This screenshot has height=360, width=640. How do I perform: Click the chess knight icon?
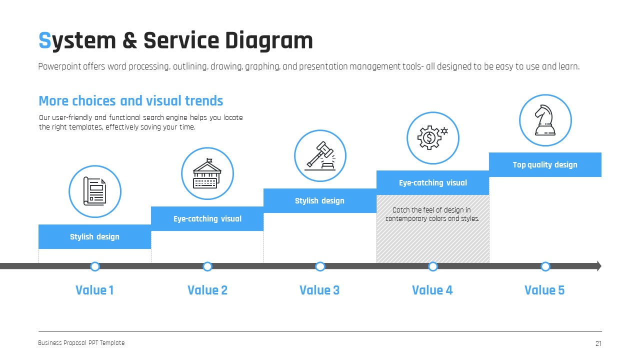(x=545, y=120)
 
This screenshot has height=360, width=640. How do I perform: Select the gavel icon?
(x=320, y=155)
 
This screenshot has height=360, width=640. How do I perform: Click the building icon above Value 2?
(x=207, y=173)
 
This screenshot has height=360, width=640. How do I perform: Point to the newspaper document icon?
(x=94, y=191)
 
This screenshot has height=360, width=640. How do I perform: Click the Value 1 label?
(x=94, y=290)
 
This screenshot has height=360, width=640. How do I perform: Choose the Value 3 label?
(x=319, y=290)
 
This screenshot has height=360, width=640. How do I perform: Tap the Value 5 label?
(x=544, y=290)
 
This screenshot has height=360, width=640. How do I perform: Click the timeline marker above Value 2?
(x=207, y=266)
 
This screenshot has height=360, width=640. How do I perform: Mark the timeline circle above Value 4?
(x=433, y=266)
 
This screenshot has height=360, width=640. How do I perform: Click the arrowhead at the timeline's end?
(x=598, y=266)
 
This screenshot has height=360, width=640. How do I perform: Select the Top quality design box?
(x=545, y=165)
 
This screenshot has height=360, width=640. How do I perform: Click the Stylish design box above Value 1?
(x=94, y=236)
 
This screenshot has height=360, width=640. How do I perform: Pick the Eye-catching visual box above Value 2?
(x=207, y=219)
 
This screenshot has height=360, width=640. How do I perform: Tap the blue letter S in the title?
(x=45, y=41)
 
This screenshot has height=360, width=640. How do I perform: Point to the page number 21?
(x=598, y=343)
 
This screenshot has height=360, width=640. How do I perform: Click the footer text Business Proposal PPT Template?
(x=81, y=343)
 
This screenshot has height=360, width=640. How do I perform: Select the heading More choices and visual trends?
(x=131, y=101)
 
